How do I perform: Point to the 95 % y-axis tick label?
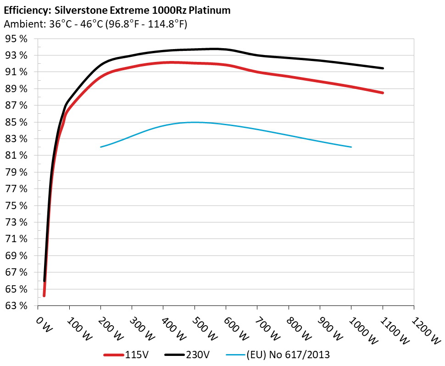(17, 39)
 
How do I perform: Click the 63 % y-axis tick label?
(17, 305)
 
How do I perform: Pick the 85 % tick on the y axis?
(17, 122)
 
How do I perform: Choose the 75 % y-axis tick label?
(17, 205)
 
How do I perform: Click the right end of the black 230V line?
(383, 68)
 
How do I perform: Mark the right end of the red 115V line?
(383, 93)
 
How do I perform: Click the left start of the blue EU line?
(101, 147)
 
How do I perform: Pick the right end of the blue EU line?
(351, 147)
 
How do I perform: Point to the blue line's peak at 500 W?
(195, 122)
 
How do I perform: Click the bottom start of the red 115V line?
(44, 296)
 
